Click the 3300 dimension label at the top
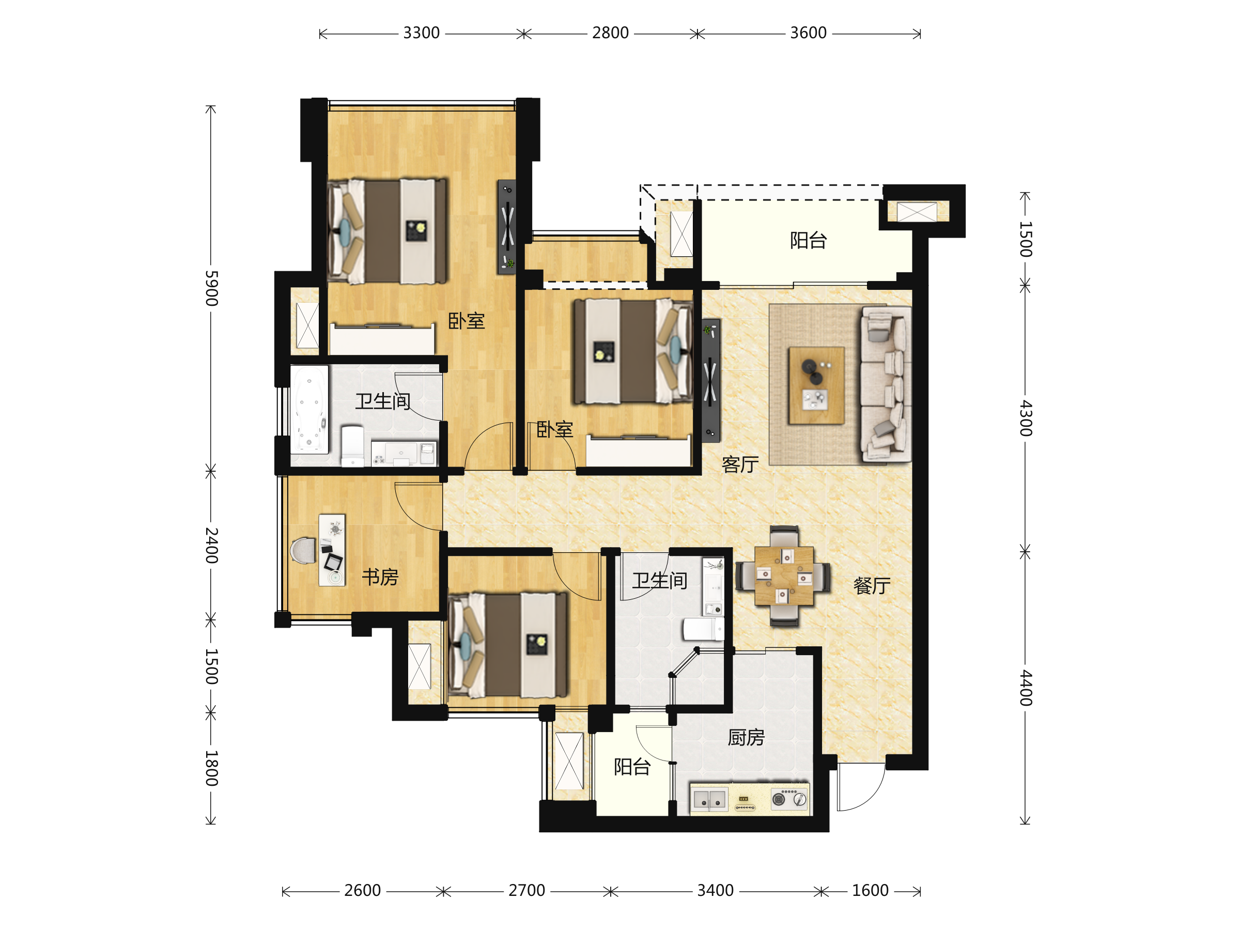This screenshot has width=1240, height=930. pos(422,33)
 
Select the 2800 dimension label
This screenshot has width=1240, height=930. pos(611,33)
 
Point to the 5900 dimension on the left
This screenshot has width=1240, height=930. pos(211,288)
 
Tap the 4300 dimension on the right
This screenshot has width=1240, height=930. pos(1025,418)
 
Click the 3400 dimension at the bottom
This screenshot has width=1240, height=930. pos(715,891)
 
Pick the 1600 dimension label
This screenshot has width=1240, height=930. pos(871,891)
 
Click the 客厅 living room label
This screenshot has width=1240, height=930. pos(740,464)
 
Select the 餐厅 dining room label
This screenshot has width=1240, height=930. pos(872,586)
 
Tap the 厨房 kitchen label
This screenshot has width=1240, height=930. pos(746,737)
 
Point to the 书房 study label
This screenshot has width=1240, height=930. pos(380,577)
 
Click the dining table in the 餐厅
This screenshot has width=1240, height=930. pos(784,576)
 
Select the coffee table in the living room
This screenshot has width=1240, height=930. pos(816,385)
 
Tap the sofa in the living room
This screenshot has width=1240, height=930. pos(886,384)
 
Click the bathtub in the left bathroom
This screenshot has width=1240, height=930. pos(309,409)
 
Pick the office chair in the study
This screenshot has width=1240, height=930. pos(303,550)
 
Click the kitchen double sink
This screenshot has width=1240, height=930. pos(710,799)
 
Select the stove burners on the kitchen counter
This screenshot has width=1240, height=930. pos(789,799)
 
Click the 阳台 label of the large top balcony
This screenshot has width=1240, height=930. pos(809,240)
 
